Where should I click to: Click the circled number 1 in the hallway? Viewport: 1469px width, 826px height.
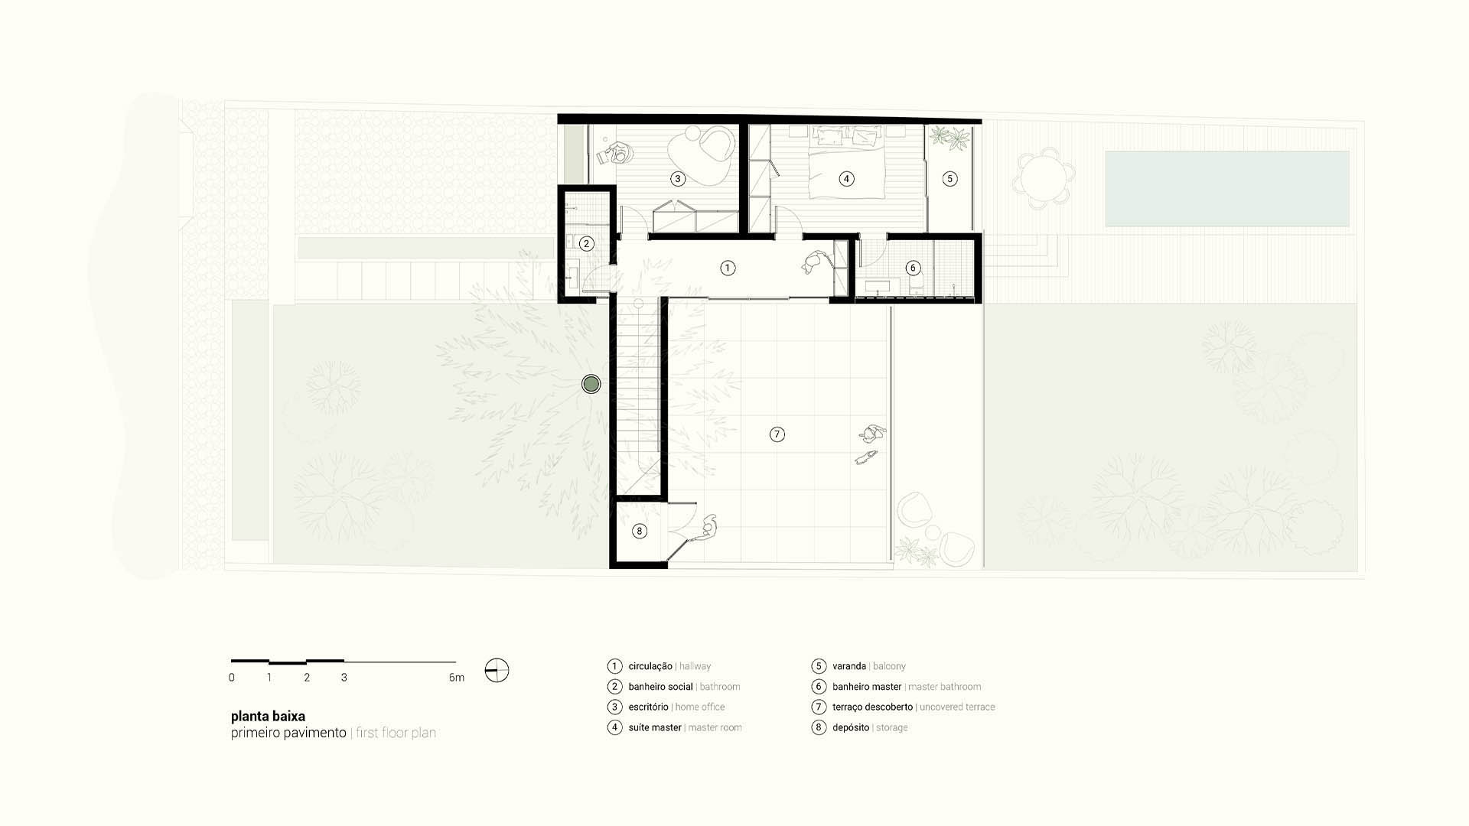pyautogui.click(x=728, y=268)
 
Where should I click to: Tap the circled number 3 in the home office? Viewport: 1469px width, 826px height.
pyautogui.click(x=677, y=179)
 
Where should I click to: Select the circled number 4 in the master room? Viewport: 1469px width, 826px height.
pyautogui.click(x=846, y=179)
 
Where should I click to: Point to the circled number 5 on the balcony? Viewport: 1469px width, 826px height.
pyautogui.click(x=949, y=179)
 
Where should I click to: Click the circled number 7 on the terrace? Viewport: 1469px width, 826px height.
pyautogui.click(x=777, y=434)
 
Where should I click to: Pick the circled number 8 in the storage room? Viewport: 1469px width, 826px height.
pyautogui.click(x=640, y=531)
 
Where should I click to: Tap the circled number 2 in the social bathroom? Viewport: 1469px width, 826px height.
pyautogui.click(x=586, y=244)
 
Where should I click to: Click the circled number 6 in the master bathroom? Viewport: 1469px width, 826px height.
pyautogui.click(x=913, y=268)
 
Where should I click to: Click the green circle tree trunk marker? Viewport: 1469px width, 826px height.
pyautogui.click(x=591, y=384)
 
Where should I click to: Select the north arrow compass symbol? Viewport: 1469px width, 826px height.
pyautogui.click(x=497, y=671)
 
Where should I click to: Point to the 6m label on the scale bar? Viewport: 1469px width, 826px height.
pyautogui.click(x=456, y=678)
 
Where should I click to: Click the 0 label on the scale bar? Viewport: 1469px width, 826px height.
pyautogui.click(x=232, y=678)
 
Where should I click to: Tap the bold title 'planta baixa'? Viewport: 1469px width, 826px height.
pyautogui.click(x=268, y=717)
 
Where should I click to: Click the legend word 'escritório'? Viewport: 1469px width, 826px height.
pyautogui.click(x=648, y=707)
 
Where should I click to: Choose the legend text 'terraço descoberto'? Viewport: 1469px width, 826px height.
pyautogui.click(x=872, y=707)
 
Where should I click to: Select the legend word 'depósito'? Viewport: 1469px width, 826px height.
pyautogui.click(x=851, y=727)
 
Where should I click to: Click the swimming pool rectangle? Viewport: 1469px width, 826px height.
pyautogui.click(x=1226, y=188)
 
